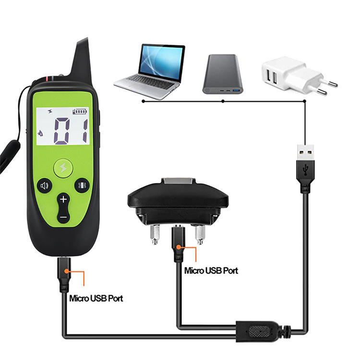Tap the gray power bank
click(x=222, y=74)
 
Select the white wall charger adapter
click(x=299, y=76)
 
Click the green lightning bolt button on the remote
click(x=63, y=168)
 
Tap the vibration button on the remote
click(x=82, y=185)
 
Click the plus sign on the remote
click(x=63, y=199)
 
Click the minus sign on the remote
click(x=63, y=217)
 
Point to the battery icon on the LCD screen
click(x=80, y=111)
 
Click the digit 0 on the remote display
click(x=61, y=131)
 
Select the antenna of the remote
click(x=82, y=60)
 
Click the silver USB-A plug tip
click(x=305, y=153)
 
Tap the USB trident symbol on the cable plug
click(x=305, y=170)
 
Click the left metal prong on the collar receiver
click(x=155, y=234)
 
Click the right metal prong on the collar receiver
click(x=200, y=234)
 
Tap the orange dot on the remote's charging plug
click(x=67, y=271)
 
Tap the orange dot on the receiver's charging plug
click(x=179, y=247)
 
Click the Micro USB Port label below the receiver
click(x=211, y=271)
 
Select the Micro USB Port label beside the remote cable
click(x=96, y=298)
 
